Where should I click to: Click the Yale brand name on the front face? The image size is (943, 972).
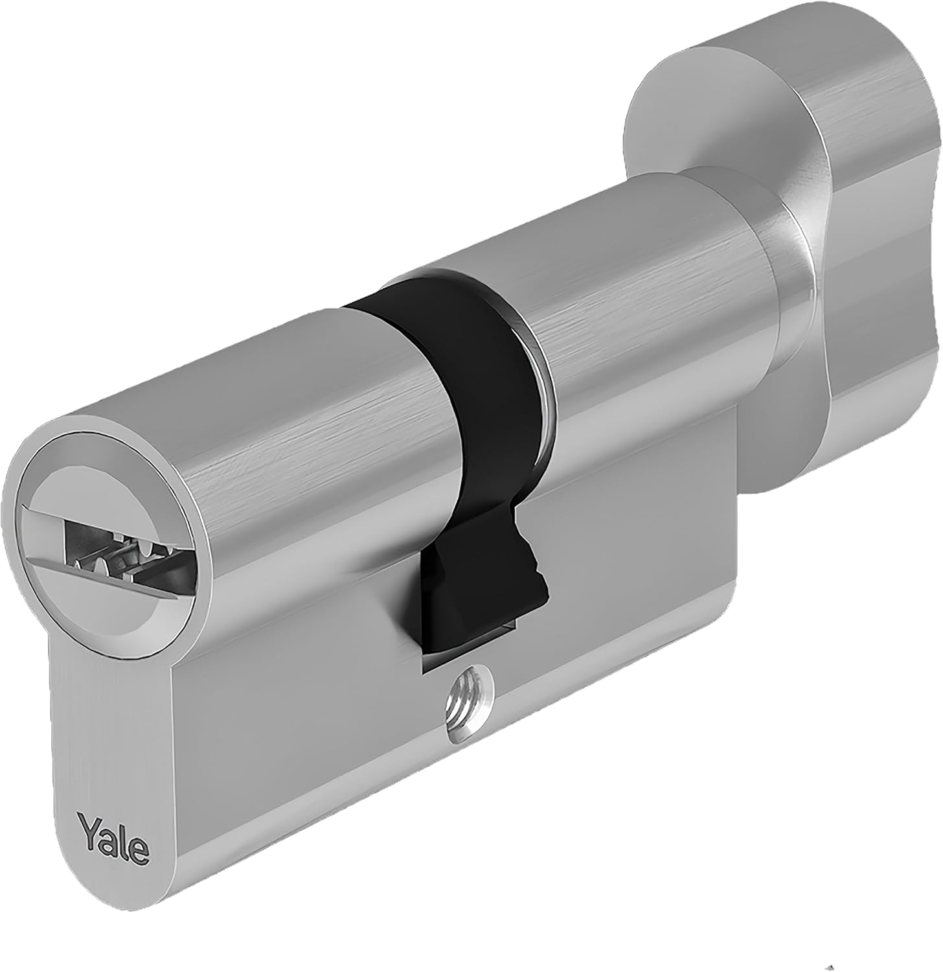point(114,837)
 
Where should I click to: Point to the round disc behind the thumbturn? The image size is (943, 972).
point(687,130)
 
